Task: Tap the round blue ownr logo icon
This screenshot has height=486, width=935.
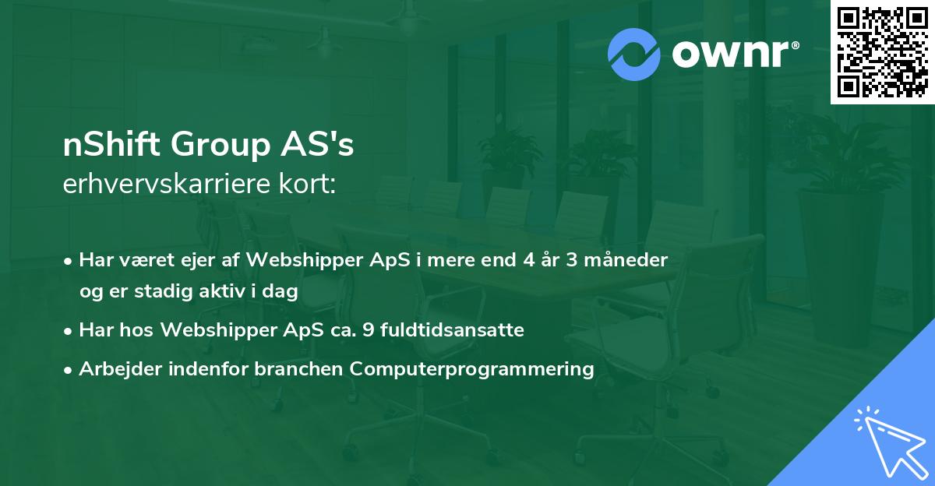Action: (634, 55)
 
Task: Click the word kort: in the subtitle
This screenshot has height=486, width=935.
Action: (309, 184)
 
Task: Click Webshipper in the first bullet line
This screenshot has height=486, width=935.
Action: (292, 260)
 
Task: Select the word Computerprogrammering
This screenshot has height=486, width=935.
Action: (472, 369)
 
